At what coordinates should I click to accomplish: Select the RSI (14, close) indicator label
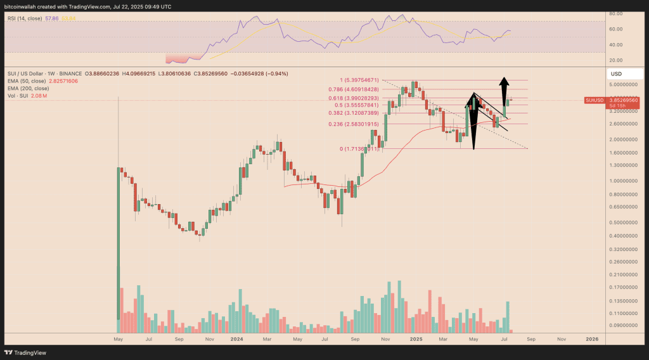pyautogui.click(x=25, y=18)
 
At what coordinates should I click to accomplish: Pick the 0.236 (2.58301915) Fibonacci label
pyautogui.click(x=353, y=124)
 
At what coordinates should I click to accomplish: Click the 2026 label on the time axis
pyautogui.click(x=591, y=339)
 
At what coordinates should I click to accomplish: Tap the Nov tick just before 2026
pyautogui.click(x=561, y=339)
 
